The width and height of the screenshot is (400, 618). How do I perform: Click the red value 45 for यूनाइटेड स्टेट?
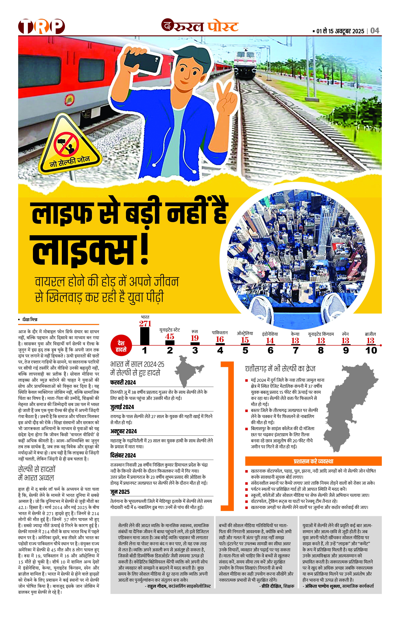tap(170, 337)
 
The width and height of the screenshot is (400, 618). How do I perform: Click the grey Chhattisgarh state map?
tap(348, 405)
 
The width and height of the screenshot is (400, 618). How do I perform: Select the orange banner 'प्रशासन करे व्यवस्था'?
tap(313, 461)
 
